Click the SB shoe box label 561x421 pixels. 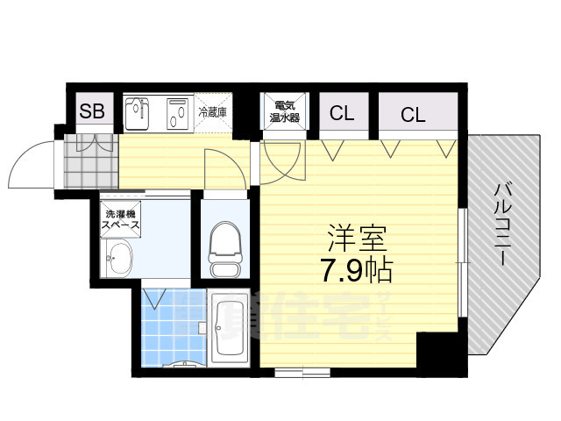click(92, 111)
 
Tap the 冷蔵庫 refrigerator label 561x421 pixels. click(213, 111)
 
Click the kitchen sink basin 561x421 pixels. click(138, 113)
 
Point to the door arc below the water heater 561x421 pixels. click(283, 158)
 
